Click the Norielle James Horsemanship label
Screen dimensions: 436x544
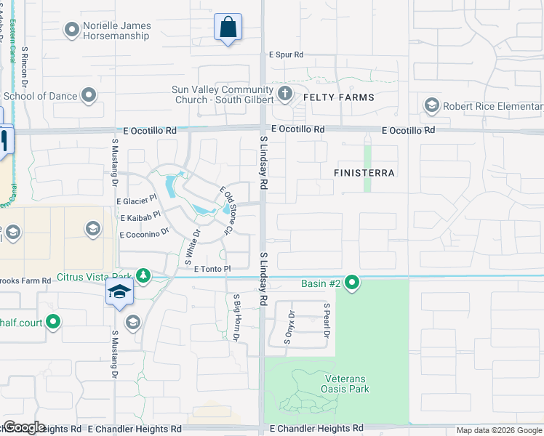[116, 31]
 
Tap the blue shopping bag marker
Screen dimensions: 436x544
[228, 28]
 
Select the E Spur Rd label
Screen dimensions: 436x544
[286, 54]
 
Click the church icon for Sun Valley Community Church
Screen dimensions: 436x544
[284, 94]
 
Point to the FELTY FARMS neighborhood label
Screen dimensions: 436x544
[338, 97]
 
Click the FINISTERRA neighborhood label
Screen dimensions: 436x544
[364, 173]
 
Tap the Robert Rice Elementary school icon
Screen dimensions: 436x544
[432, 106]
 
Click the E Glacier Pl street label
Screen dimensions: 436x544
[137, 200]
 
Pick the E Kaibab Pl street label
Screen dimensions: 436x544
[140, 216]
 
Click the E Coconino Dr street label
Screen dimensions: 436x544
[144, 233]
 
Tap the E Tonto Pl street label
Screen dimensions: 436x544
[212, 269]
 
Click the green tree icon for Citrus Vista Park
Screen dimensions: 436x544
[144, 275]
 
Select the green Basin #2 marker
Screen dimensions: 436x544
[352, 282]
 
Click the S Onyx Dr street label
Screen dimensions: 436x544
[292, 327]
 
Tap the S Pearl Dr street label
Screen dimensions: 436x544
[327, 320]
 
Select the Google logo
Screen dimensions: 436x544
[24, 427]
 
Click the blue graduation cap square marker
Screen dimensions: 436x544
[119, 293]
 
